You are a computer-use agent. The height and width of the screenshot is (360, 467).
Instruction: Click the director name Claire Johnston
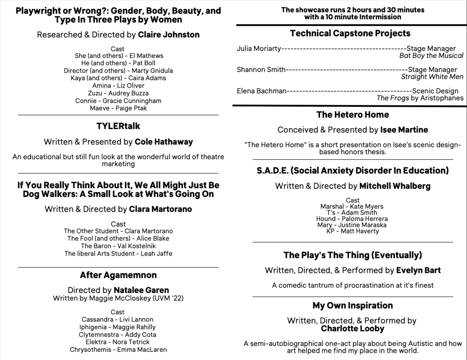(168, 35)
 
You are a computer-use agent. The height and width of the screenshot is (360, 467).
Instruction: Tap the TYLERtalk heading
(118, 126)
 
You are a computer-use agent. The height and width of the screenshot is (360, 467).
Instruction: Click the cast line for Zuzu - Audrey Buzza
(118, 93)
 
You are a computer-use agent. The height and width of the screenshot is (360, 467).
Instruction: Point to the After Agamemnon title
(118, 275)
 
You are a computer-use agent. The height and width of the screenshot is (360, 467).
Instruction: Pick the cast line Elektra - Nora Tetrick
(118, 342)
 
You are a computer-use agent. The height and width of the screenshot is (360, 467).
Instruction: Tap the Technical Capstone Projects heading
(350, 33)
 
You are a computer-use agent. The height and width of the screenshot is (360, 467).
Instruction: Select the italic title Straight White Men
(432, 77)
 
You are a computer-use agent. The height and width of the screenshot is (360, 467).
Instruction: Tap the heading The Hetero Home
(353, 115)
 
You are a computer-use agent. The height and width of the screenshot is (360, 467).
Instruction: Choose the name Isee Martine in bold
(404, 130)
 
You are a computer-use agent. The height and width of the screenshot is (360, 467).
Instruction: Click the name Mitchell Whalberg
(394, 186)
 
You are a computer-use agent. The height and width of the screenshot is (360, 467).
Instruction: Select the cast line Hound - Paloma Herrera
(352, 219)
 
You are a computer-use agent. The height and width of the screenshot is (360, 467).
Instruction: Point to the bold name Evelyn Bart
(418, 271)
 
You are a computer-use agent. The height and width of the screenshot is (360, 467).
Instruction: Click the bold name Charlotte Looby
(352, 329)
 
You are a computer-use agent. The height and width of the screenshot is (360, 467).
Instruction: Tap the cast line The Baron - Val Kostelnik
(118, 246)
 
